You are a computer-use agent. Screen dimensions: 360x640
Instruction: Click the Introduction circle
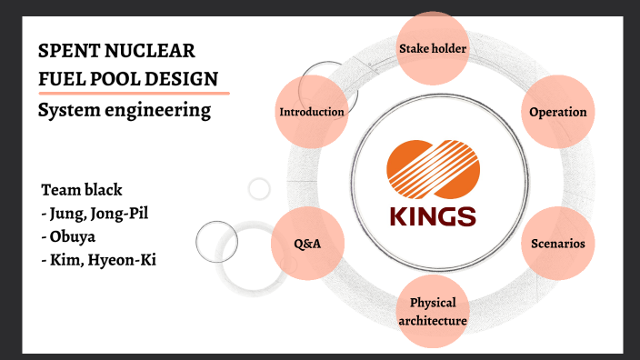(x=312, y=112)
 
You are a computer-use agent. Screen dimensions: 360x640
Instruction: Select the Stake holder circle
(x=433, y=47)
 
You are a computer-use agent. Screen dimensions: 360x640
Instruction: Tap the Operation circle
(x=558, y=112)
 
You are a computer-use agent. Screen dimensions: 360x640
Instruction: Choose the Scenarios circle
(x=558, y=244)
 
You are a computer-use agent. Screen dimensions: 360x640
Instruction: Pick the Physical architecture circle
(x=433, y=311)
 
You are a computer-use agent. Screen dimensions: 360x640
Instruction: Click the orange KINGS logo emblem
(x=433, y=169)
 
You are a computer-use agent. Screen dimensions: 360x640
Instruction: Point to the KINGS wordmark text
(x=433, y=216)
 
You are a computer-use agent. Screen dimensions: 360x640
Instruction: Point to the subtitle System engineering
(x=124, y=111)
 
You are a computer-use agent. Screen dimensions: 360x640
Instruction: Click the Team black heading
(x=82, y=190)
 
